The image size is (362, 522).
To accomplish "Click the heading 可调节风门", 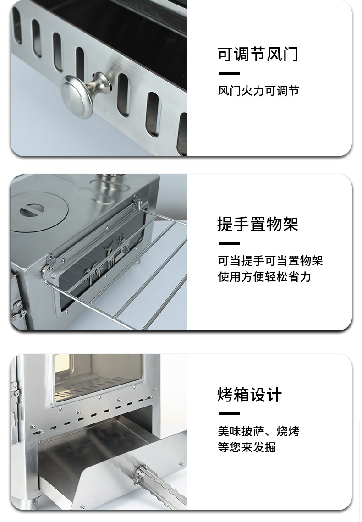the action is [258, 54].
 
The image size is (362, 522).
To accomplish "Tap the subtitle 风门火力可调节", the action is [258, 91].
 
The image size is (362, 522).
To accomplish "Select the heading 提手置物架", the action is [258, 224].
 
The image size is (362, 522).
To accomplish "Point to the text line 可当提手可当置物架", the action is [270, 261].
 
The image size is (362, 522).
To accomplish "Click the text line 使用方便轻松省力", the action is [264, 277].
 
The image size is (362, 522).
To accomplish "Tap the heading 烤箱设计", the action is [250, 395].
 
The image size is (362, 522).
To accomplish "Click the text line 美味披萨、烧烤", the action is [258, 431].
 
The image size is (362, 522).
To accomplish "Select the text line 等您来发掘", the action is [247, 447].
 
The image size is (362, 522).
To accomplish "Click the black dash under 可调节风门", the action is [229, 73].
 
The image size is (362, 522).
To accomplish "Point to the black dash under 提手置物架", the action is [229, 243].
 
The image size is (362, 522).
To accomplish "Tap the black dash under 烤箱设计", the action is [229, 414].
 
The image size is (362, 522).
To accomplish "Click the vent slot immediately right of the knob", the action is [123, 95].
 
